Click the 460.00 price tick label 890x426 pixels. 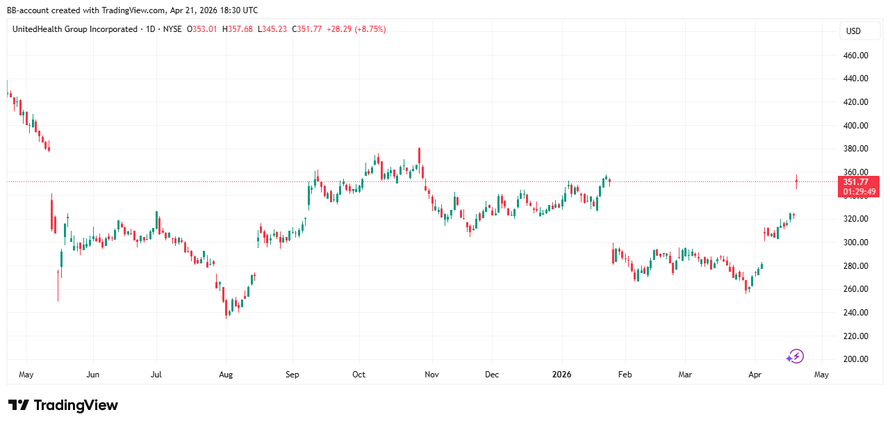(855, 56)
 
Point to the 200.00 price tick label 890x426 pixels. (855, 359)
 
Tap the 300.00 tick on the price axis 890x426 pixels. (855, 243)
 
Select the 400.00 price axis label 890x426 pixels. (855, 126)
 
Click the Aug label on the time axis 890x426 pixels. (226, 375)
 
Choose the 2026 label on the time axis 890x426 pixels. (561, 375)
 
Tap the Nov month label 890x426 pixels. (431, 375)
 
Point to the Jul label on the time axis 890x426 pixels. (156, 375)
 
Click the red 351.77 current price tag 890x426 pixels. (859, 182)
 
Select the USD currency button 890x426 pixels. (852, 31)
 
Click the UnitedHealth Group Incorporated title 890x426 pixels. (75, 29)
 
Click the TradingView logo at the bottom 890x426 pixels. (63, 406)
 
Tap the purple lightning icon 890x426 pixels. (795, 357)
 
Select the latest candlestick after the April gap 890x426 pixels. (796, 181)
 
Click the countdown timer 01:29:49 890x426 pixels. (859, 192)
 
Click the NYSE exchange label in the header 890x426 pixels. (172, 29)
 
